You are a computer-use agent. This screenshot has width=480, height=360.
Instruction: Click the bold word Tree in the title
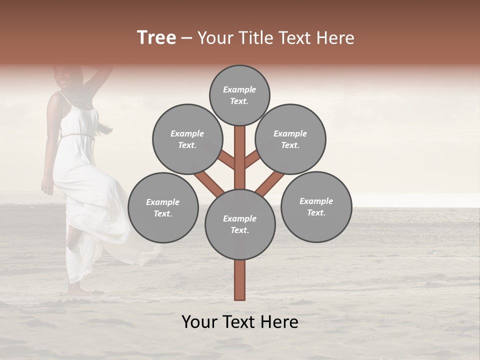156,38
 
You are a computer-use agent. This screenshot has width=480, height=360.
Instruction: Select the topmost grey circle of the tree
239,95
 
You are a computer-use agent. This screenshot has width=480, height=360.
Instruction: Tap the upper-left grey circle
187,139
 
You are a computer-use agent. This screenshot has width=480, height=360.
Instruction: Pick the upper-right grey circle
290,139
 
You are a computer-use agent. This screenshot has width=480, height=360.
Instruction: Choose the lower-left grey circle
163,207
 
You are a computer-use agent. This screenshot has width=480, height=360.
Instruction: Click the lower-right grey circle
316,206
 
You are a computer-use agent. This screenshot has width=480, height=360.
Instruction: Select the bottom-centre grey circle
240,224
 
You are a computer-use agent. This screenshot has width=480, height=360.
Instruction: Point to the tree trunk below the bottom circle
240,280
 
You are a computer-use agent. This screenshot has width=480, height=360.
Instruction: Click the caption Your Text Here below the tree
240,321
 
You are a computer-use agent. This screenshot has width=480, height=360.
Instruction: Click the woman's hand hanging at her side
47,187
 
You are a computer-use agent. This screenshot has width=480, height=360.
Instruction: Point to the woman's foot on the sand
75,290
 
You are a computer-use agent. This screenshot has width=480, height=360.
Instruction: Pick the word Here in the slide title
336,38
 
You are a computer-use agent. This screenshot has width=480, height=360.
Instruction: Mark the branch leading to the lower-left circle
208,182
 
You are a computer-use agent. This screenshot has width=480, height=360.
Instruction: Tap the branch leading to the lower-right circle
270,183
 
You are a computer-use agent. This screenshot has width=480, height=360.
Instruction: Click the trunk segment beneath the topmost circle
240,150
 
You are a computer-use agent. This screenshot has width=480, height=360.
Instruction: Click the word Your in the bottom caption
200,321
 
